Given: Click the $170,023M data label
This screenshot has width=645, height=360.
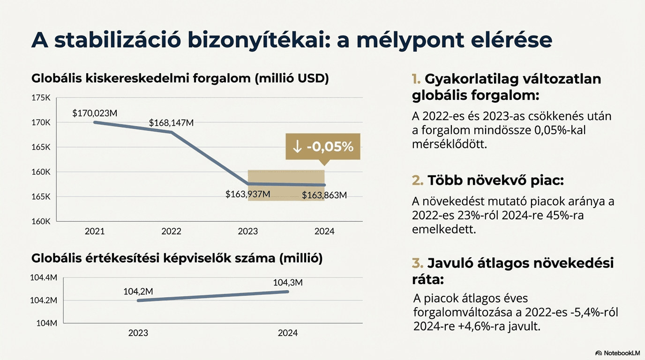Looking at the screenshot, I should tap(95, 113).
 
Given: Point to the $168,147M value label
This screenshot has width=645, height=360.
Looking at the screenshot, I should tap(171, 123).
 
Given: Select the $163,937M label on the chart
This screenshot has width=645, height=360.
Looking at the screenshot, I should tap(247, 194).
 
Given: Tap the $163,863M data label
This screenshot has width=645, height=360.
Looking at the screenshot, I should tap(324, 195).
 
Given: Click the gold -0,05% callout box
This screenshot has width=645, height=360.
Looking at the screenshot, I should tap(322, 147).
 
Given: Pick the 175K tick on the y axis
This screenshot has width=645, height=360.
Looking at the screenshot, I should tap(41, 98).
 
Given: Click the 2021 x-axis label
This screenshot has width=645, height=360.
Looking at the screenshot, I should tap(95, 231).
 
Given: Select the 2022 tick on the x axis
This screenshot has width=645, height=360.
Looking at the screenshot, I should tap(171, 231).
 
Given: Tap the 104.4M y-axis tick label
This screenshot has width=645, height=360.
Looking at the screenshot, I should tap(44, 278).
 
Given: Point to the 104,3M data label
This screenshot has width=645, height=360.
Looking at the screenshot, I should tap(288, 282).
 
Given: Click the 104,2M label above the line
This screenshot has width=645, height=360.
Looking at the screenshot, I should tap(138, 291).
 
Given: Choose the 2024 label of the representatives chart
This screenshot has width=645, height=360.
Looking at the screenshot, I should tap(288, 333).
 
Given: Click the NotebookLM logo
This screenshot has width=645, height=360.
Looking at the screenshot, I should tap(617, 353).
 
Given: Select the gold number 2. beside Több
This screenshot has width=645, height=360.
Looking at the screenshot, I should tap(418, 180).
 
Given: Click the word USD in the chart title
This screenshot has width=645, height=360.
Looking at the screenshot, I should tap(312, 78).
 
